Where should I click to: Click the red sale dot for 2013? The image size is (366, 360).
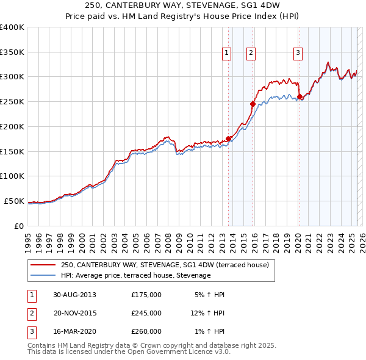[x=229, y=138]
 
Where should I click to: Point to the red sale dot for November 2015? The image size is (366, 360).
[x=253, y=104]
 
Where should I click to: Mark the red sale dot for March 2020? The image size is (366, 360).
[x=300, y=96]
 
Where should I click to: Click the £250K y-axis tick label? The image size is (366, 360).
[x=12, y=101]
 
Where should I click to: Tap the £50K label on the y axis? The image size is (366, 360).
[x=13, y=201]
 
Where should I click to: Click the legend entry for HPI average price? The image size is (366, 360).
[x=135, y=275]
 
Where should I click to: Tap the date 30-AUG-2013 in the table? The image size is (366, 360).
[x=74, y=295]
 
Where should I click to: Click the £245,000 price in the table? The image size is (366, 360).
[x=146, y=313]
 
